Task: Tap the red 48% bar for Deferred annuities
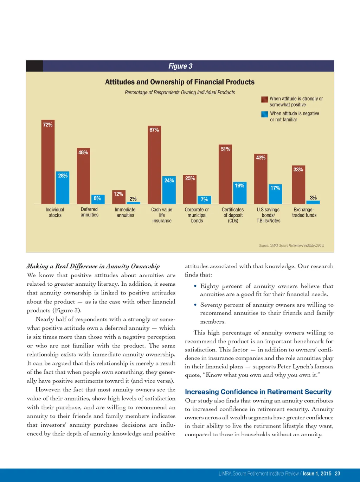pyautogui.click(x=83, y=176)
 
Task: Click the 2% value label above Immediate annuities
pyautogui.click(x=133, y=199)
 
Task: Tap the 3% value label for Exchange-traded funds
pyautogui.click(x=313, y=198)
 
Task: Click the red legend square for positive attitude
pyautogui.click(x=264, y=99)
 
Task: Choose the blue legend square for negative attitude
pyautogui.click(x=264, y=114)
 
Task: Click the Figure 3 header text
pyautogui.click(x=180, y=66)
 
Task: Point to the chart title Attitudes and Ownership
pyautogui.click(x=180, y=82)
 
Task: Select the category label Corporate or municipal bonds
pyautogui.click(x=197, y=215)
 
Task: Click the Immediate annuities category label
pyautogui.click(x=125, y=212)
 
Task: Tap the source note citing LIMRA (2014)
pyautogui.click(x=291, y=246)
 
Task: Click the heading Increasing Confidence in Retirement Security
pyautogui.click(x=258, y=392)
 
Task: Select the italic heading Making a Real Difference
pyautogui.click(x=93, y=266)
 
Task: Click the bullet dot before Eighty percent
pyautogui.click(x=195, y=286)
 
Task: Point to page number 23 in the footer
pyautogui.click(x=337, y=474)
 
